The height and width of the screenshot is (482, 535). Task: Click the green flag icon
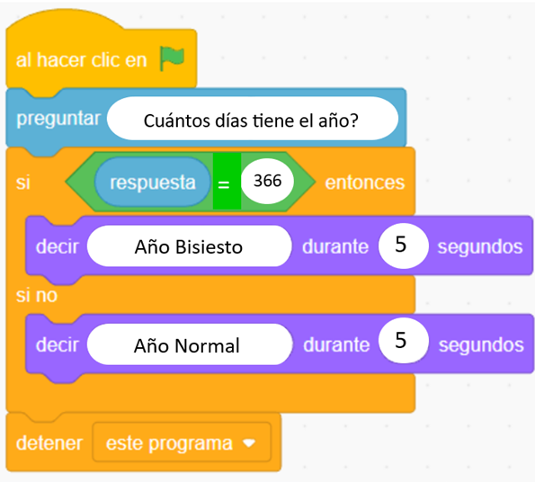[x=172, y=58]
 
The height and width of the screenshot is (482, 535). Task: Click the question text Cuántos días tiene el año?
[x=251, y=120]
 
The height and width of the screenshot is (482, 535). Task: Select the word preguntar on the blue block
[x=58, y=119]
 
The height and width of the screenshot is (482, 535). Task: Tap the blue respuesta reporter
[x=153, y=182]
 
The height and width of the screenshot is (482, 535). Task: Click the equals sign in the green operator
[x=224, y=184]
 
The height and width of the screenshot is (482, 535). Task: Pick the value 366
[x=268, y=181]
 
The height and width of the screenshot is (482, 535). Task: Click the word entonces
[x=365, y=183]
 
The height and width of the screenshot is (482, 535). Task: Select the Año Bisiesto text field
[x=190, y=246]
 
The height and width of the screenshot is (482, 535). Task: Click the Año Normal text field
[x=190, y=344]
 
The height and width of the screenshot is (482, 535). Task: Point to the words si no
[x=37, y=295]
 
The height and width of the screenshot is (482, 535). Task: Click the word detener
[x=49, y=443]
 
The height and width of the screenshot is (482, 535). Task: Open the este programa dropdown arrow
[x=249, y=443]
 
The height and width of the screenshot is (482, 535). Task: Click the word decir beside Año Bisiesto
[x=58, y=246]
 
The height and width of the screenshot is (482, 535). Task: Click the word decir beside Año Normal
[x=58, y=344]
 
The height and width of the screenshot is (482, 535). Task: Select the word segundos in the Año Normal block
[x=481, y=345]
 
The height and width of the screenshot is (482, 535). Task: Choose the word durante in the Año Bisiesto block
[x=335, y=246]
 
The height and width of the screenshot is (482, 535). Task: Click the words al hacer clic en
[x=81, y=60]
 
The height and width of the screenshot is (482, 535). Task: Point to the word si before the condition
[x=23, y=183]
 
